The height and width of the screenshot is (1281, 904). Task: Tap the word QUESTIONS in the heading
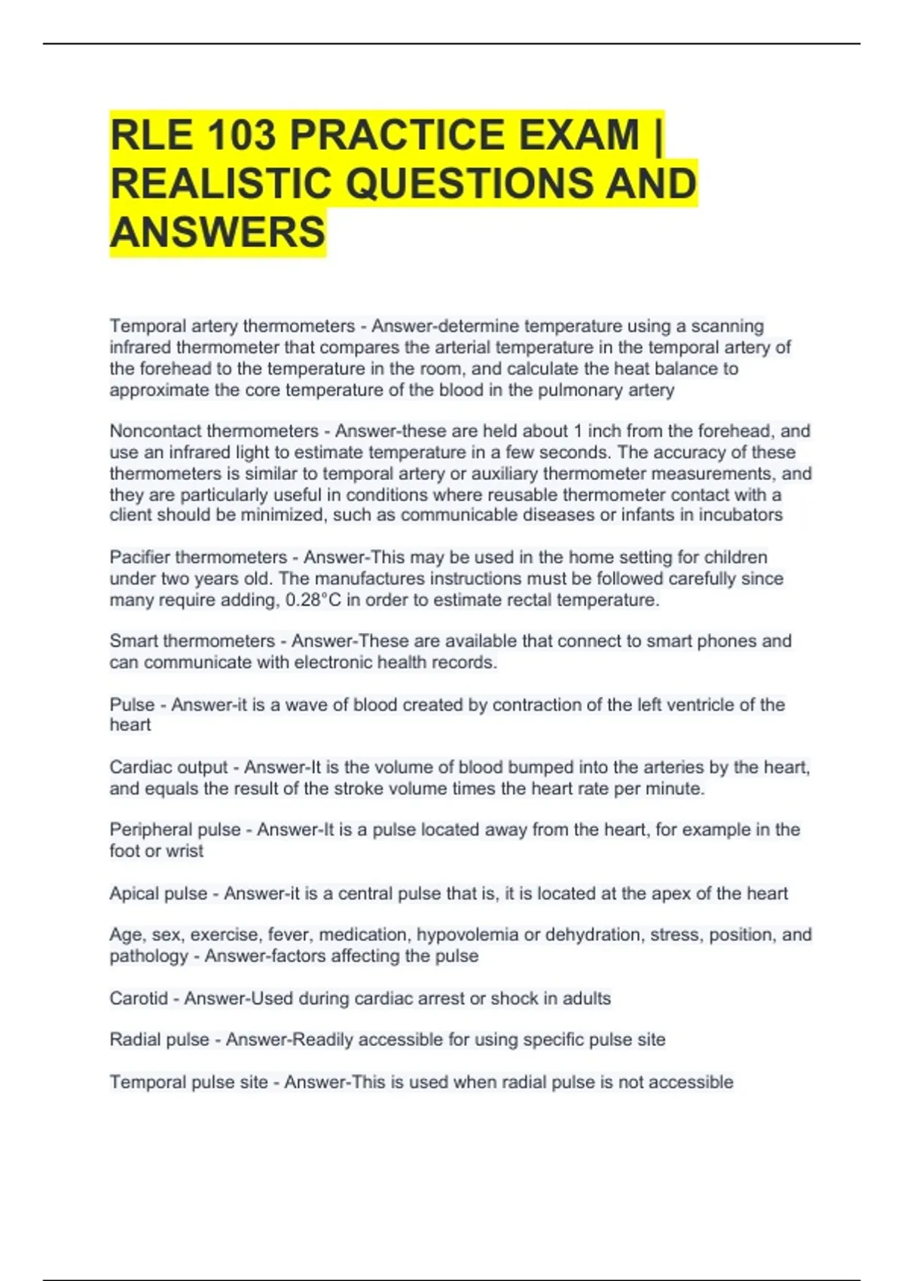pos(463,185)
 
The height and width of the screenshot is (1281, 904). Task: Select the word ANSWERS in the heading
pos(218,232)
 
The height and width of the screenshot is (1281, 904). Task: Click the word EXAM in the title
pos(578,136)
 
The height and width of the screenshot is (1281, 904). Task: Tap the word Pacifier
pos(139,558)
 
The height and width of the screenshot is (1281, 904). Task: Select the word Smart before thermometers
pos(133,641)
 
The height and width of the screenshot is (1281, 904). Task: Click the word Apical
pos(134,894)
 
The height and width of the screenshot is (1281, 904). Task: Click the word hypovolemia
pos(467,935)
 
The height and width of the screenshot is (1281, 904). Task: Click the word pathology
pos(148,956)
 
